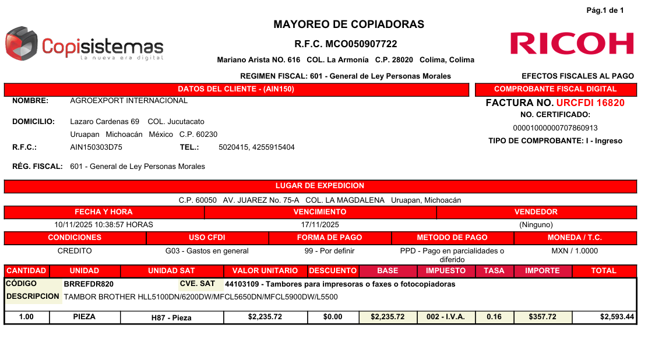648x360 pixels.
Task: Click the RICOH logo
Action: (x=572, y=44)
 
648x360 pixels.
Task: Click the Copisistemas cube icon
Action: (x=22, y=44)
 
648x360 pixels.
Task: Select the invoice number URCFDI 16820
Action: (x=590, y=103)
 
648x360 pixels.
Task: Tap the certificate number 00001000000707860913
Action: (x=555, y=128)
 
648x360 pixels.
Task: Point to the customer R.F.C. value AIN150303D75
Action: (x=96, y=147)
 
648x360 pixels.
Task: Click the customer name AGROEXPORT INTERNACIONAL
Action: (x=129, y=101)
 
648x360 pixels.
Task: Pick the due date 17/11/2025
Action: (x=320, y=224)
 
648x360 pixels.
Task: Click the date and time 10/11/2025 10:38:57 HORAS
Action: (x=104, y=224)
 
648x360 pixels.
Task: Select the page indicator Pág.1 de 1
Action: (x=605, y=10)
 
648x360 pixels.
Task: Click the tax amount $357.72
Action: (x=543, y=317)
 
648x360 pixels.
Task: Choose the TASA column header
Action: (x=494, y=271)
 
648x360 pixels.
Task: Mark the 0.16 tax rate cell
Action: (x=494, y=317)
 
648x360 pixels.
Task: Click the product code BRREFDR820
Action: (x=89, y=284)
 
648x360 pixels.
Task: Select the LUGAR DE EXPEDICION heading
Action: (x=320, y=186)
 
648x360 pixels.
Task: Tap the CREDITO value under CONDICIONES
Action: (x=75, y=251)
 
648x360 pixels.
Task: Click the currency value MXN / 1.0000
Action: (x=575, y=251)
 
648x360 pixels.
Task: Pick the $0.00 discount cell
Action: (x=333, y=317)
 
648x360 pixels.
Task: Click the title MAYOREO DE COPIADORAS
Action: (x=348, y=24)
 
